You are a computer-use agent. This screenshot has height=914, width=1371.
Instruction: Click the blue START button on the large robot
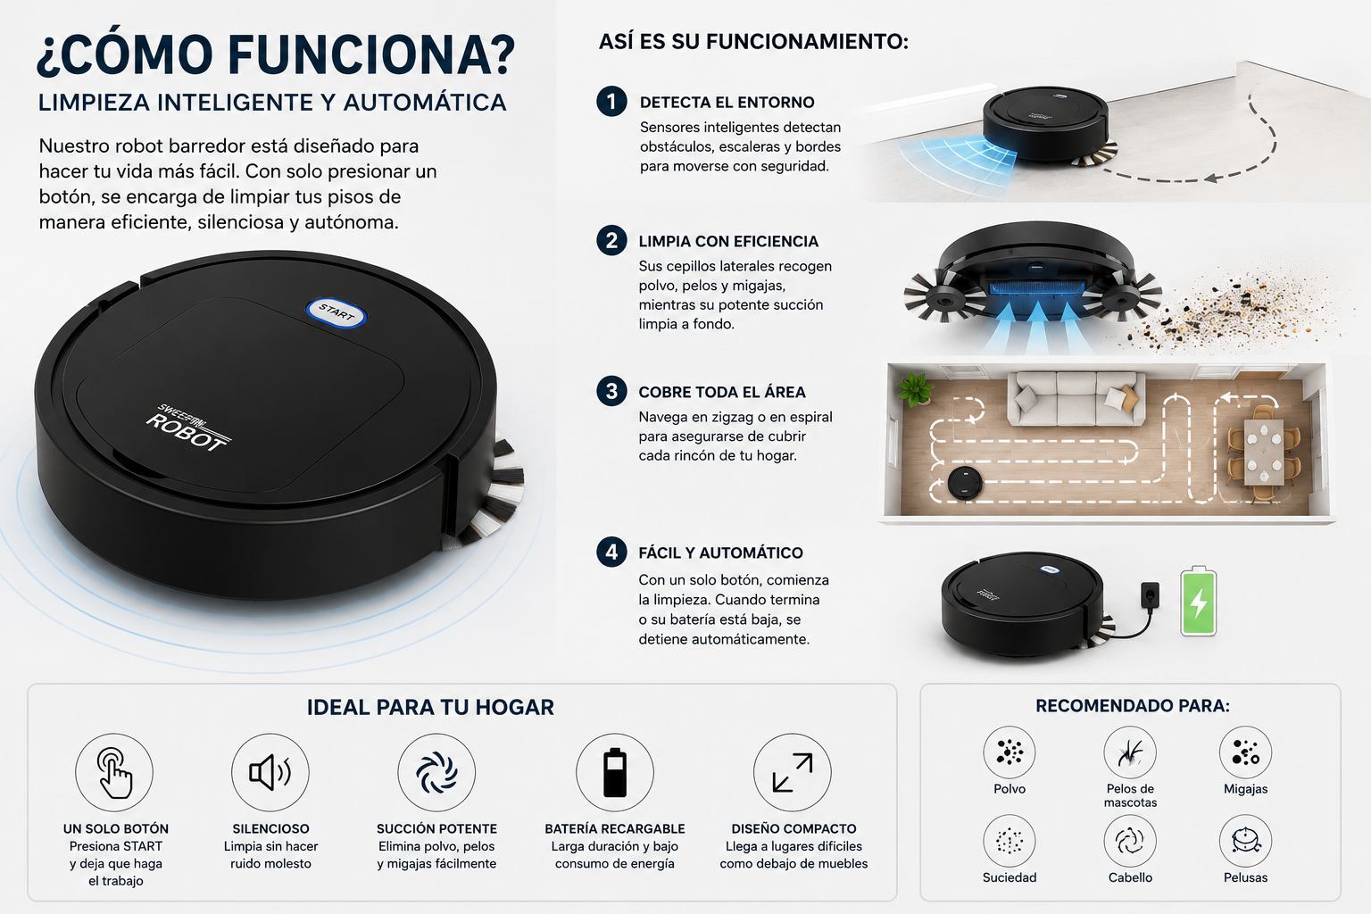(x=336, y=312)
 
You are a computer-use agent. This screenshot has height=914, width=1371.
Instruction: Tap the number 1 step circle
(x=611, y=101)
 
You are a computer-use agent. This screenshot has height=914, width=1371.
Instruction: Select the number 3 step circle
(x=611, y=391)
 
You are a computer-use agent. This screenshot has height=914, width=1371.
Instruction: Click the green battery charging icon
(x=1198, y=602)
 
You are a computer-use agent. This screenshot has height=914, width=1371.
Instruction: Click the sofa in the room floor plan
(x=1076, y=397)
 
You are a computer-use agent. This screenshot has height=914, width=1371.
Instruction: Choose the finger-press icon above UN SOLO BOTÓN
(x=114, y=772)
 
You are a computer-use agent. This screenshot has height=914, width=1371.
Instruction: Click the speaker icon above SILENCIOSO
(x=270, y=772)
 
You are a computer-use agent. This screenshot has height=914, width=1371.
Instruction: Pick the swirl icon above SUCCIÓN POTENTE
(x=436, y=772)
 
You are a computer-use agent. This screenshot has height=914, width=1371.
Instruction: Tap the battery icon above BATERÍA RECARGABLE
(x=614, y=772)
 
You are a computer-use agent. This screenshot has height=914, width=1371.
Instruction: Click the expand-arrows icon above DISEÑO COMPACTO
(x=793, y=772)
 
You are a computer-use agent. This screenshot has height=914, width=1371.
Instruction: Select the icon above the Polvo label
(x=1010, y=752)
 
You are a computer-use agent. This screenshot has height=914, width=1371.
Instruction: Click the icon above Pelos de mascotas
(x=1130, y=752)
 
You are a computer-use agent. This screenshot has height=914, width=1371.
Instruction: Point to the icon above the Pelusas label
(x=1245, y=841)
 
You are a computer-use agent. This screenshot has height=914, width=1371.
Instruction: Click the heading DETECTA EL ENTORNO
(x=727, y=103)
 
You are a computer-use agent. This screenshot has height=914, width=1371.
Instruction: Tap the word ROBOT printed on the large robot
(x=186, y=431)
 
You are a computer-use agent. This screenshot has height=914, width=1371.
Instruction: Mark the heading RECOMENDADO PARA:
(x=1133, y=706)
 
